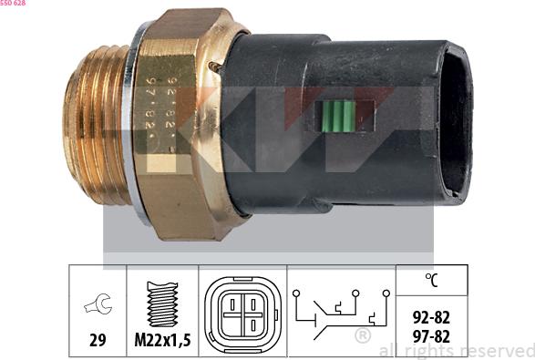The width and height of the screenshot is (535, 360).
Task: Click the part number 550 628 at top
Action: click(x=13, y=3)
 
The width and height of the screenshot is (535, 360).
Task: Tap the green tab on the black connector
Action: click(x=338, y=116)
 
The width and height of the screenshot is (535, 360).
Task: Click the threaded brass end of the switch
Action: click(x=97, y=124)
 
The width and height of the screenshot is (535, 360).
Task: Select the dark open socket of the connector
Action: click(x=457, y=124)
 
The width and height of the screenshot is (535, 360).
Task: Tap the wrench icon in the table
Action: click(x=98, y=303)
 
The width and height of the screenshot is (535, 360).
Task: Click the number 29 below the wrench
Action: click(x=98, y=340)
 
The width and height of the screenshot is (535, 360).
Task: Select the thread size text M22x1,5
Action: click(x=162, y=340)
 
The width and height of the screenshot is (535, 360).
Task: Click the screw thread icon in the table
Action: click(x=162, y=303)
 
